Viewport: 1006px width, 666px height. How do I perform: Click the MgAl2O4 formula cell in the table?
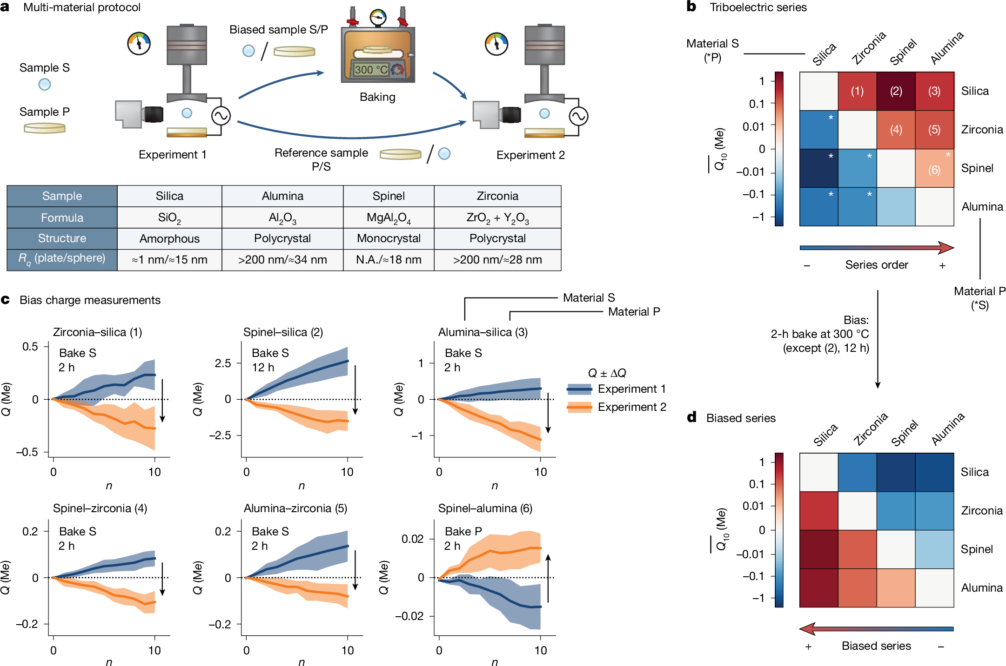389,218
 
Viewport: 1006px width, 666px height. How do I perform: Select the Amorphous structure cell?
169,238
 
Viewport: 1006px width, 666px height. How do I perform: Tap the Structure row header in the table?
62,238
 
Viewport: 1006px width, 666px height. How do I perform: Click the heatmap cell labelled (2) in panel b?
896,91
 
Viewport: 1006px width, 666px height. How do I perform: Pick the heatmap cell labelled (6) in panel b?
934,168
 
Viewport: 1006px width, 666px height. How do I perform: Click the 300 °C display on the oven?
370,70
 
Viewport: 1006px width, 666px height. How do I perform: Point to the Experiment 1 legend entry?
617,389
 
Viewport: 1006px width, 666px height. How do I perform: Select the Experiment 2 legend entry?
617,407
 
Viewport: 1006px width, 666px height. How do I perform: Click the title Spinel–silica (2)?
283,332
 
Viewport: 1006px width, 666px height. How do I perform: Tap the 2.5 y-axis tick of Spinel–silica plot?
223,363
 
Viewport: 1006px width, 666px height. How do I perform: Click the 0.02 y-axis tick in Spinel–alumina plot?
412,539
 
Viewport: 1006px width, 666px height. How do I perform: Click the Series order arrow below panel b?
877,248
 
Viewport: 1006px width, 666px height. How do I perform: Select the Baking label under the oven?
377,97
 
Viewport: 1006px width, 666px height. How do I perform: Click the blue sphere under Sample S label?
45,85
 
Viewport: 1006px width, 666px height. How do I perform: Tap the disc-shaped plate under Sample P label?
45,128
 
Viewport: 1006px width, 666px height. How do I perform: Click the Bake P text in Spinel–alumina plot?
463,531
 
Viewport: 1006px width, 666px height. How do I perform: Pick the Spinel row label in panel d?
977,549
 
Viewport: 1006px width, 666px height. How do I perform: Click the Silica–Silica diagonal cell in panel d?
819,472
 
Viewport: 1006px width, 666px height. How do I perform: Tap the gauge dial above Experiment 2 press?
496,44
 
